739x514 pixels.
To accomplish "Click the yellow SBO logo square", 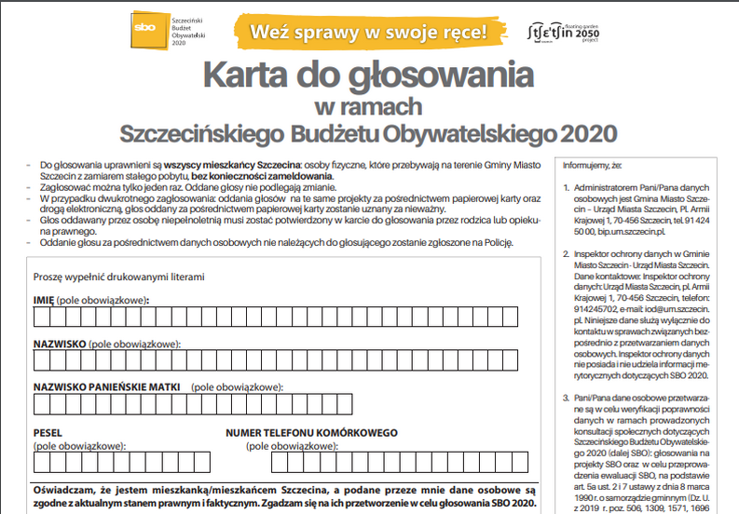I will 145,31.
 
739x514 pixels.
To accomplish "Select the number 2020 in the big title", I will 590,132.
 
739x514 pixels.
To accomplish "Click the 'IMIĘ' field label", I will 43,300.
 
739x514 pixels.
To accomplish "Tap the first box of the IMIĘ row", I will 41,318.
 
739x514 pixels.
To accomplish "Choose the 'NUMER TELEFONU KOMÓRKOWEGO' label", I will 311,433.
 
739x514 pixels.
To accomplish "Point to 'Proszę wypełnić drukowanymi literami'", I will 118,277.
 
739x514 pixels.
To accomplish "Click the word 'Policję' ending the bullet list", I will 495,242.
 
